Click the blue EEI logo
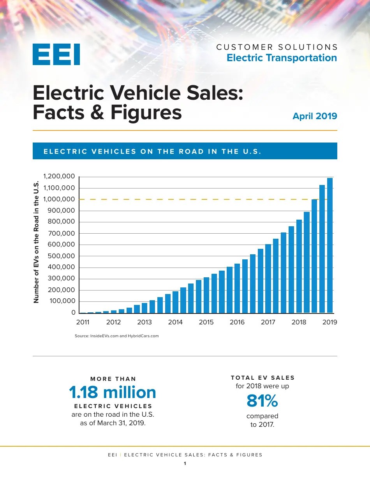[x=56, y=54]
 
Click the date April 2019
[x=315, y=116]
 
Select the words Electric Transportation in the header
[x=282, y=58]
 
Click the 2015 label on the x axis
[x=206, y=322]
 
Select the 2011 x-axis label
[x=83, y=322]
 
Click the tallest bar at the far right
[x=330, y=245]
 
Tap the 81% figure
[x=262, y=400]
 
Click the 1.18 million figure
[x=113, y=392]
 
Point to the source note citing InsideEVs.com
[x=116, y=336]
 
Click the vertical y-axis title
[x=36, y=242]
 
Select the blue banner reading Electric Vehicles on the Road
[x=185, y=151]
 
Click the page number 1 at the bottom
[x=185, y=463]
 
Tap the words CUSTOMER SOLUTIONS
[x=277, y=47]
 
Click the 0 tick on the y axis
[x=73, y=313]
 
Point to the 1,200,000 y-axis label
[x=60, y=177]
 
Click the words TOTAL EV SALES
[x=263, y=378]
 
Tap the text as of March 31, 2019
[x=113, y=423]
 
